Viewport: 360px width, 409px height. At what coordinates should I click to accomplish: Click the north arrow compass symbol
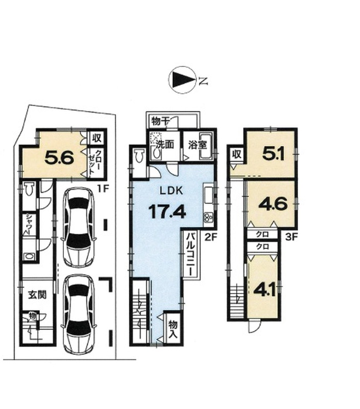point(183,80)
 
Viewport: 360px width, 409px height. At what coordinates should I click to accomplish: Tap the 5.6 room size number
point(59,157)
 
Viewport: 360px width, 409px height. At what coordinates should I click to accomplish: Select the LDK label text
point(171,191)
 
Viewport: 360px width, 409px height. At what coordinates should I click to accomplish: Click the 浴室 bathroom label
point(198,145)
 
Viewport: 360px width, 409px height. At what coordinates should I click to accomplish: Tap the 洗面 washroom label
point(165,144)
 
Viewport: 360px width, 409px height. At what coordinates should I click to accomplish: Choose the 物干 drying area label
point(161,121)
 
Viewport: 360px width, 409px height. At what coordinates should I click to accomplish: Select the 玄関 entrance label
point(37,295)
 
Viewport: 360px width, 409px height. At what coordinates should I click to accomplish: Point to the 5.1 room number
point(273,155)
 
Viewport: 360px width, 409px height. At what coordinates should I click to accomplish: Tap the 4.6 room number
point(273,204)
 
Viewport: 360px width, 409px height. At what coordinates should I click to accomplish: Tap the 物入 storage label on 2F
point(173,329)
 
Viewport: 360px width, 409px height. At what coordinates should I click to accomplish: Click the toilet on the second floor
point(139,156)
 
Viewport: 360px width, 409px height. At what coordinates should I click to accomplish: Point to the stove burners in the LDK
point(209,218)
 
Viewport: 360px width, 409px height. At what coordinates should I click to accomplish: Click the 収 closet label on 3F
point(237,154)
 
